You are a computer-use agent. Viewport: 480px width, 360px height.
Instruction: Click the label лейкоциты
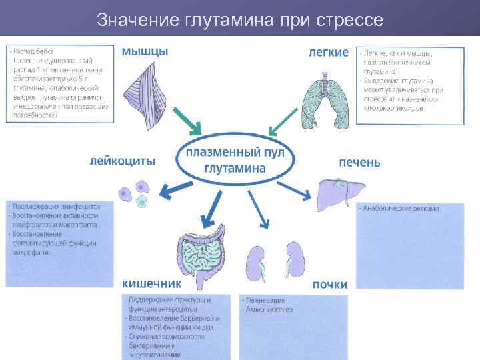pos(123,161)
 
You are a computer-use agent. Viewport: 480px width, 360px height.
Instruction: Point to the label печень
pos(360,162)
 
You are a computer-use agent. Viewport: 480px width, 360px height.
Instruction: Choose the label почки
pos(330,285)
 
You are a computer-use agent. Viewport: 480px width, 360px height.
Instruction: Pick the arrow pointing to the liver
pos(297,189)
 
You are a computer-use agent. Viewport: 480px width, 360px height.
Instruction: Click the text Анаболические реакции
pos(399,209)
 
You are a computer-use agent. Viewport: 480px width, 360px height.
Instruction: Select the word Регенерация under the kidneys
pos(263,301)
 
